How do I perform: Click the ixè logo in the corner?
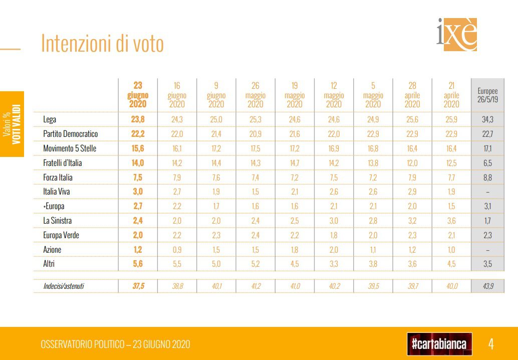coord(457,35)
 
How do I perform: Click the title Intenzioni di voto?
coord(102,44)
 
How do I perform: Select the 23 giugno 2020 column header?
coord(138,95)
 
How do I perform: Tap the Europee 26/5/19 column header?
coord(487,95)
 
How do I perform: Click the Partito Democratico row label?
coord(71,134)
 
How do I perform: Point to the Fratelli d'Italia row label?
coord(63,163)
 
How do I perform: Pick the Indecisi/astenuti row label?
coord(64,285)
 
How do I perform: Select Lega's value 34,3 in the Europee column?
coord(487,119)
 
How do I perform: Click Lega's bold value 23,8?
coord(138,119)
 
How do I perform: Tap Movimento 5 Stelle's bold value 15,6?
coord(138,148)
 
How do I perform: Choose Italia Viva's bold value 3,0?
coord(138,192)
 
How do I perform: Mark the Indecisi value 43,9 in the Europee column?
coord(487,285)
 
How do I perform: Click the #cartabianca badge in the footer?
coord(439,344)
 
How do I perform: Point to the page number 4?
coord(491,344)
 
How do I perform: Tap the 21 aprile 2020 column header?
coord(451,95)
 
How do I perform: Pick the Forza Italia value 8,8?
coord(487,177)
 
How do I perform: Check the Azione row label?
coord(53,249)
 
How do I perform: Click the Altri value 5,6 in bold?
coord(138,264)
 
